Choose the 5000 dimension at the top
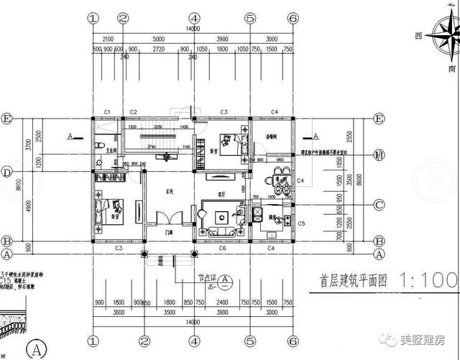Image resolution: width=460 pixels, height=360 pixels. tap(158, 38)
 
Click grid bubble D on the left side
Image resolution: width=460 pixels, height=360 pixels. tap(7, 172)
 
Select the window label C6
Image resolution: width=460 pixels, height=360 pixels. tap(223, 248)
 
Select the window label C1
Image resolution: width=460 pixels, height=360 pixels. tap(106, 112)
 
